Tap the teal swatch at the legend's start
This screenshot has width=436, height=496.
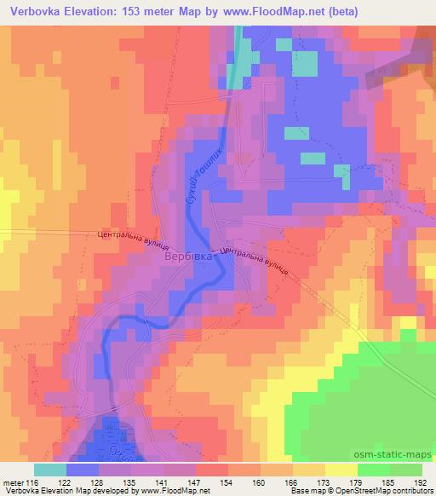(49, 469)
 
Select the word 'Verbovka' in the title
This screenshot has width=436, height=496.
(36, 11)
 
